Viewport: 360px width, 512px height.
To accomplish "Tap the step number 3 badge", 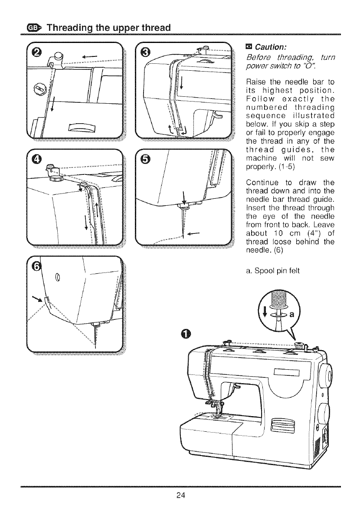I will [x=146, y=53].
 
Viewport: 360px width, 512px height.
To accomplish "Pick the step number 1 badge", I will [x=185, y=334].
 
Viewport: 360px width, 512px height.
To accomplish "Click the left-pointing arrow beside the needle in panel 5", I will [x=205, y=234].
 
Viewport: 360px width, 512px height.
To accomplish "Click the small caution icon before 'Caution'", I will [x=249, y=47].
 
